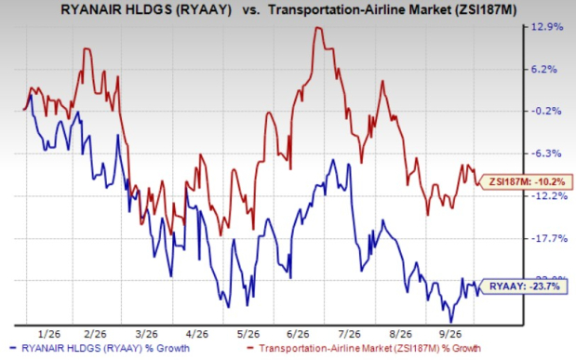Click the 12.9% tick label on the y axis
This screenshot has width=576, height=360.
click(544, 26)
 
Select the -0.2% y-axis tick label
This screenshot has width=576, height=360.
click(544, 111)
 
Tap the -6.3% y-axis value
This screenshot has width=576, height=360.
click(544, 153)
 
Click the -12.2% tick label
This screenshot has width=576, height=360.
click(544, 195)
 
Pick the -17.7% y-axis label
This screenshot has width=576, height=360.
click(544, 238)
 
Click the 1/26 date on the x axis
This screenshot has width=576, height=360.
click(49, 334)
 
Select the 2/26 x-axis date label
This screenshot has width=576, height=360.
click(95, 334)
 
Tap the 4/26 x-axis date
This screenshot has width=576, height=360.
click(197, 334)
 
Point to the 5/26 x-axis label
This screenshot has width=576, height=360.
click(248, 334)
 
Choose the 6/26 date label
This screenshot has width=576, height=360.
click(298, 334)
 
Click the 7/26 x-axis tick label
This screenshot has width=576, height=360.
click(349, 334)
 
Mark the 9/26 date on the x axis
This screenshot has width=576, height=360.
click(450, 334)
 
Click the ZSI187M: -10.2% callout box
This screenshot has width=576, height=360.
click(526, 181)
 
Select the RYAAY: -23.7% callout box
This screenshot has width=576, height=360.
click(523, 287)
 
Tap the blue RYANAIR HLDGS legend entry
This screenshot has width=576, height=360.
click(100, 348)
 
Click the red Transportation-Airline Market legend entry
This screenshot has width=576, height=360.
click(364, 348)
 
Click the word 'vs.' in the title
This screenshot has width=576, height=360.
click(250, 10)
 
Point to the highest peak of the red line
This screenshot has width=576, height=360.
click(318, 27)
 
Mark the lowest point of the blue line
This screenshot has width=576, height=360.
click(451, 322)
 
